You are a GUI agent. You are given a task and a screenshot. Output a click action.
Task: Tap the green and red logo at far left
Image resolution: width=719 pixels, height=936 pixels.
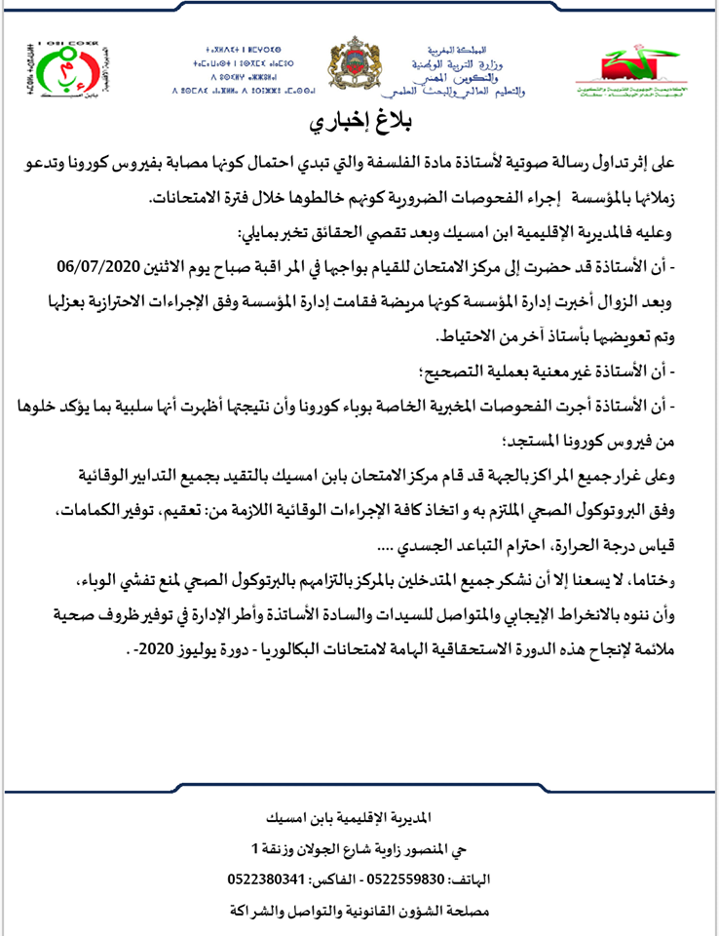click(42, 69)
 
